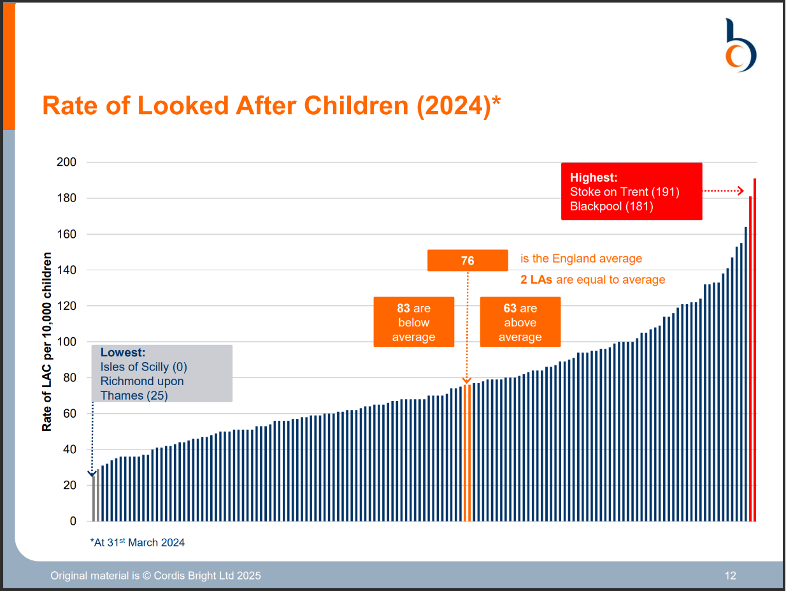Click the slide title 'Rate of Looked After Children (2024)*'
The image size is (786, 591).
[271, 105]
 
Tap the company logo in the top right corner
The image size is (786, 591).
[741, 45]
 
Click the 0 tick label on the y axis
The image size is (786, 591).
[73, 521]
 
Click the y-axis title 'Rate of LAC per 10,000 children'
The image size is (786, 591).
[47, 342]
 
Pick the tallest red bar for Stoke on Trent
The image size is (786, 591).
[755, 351]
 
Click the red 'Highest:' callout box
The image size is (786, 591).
[631, 191]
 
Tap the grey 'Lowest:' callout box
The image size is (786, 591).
[162, 374]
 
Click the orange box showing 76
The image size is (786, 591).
[468, 260]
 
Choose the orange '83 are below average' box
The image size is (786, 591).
[413, 322]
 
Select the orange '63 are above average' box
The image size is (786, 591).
[520, 322]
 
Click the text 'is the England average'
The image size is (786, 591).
[581, 259]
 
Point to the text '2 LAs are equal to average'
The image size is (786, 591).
[592, 279]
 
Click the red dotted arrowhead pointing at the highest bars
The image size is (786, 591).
[740, 191]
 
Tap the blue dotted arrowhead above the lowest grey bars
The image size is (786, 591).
[93, 473]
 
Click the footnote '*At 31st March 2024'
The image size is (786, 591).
[138, 543]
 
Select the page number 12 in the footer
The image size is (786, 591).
[730, 576]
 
